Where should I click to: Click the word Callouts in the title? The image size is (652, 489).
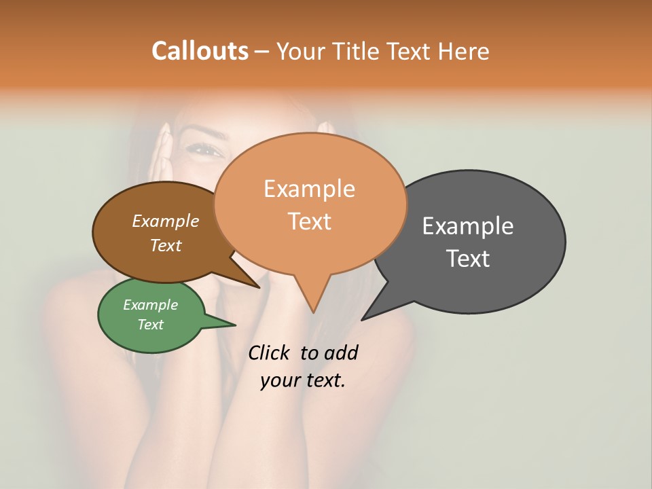200,51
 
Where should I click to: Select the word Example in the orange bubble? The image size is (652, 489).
309,189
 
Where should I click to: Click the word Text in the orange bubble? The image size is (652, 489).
309,221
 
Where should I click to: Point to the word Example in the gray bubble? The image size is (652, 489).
468,226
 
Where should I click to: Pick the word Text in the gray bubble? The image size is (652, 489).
468,259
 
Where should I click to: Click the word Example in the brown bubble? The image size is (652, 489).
165,221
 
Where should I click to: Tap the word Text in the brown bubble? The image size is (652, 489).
165,245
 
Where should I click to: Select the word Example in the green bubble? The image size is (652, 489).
150,305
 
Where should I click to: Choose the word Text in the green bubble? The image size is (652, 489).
150,325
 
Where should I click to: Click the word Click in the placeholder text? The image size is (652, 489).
270,352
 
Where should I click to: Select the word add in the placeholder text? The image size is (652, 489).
342,352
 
